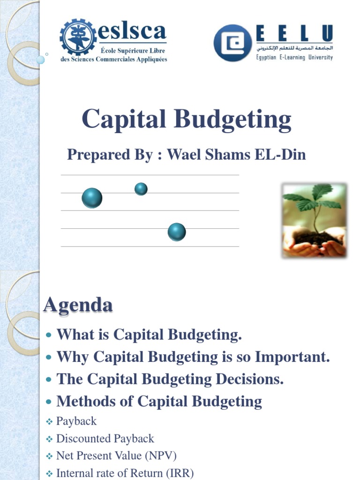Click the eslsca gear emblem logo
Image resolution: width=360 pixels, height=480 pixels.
pyautogui.click(x=78, y=37)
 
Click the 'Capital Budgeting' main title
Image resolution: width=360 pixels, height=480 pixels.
pyautogui.click(x=187, y=119)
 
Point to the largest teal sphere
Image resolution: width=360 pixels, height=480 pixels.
pyautogui.click(x=92, y=198)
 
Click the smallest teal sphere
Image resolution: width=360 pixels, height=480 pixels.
pyautogui.click(x=141, y=189)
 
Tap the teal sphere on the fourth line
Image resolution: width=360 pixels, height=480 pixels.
pyautogui.click(x=177, y=232)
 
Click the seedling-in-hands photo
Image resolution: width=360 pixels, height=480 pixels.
pyautogui.click(x=314, y=220)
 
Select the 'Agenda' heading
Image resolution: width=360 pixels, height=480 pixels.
pyautogui.click(x=78, y=305)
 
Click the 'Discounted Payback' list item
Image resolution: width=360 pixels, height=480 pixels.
pyautogui.click(x=105, y=439)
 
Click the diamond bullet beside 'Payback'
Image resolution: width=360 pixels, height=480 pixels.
pyautogui.click(x=50, y=422)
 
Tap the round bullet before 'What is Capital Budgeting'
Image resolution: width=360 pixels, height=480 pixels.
pyautogui.click(x=50, y=336)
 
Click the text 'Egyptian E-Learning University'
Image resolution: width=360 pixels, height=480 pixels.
pyautogui.click(x=294, y=58)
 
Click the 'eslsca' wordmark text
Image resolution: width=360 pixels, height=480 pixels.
pyautogui.click(x=132, y=32)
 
